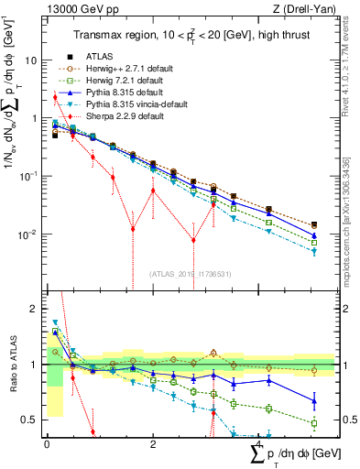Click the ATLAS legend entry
pyautogui.click(x=102, y=55)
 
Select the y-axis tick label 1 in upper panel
pyautogui.click(x=34, y=118)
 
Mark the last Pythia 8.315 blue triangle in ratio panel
pyautogui.click(x=314, y=400)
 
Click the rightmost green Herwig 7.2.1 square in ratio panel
pyautogui.click(x=314, y=423)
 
